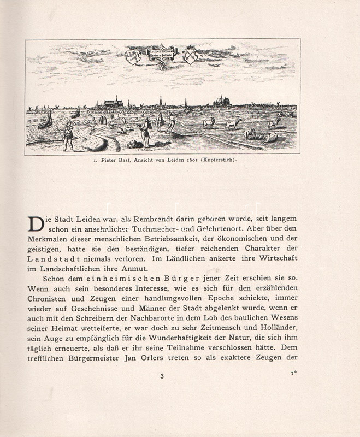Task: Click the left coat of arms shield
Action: coord(133,55)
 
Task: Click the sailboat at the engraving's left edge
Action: coord(46,119)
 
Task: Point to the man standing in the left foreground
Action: coord(67,135)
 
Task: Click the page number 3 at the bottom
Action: coord(162,376)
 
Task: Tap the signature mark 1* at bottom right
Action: coord(293,374)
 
